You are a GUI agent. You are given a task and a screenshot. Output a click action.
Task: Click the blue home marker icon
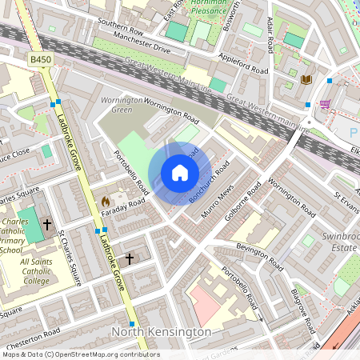click(x=180, y=173)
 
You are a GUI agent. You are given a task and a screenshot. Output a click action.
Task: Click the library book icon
click(x=306, y=79)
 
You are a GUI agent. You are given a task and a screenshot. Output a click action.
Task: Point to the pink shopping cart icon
click(x=325, y=104)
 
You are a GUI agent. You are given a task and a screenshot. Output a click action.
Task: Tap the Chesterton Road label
click(x=32, y=332)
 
